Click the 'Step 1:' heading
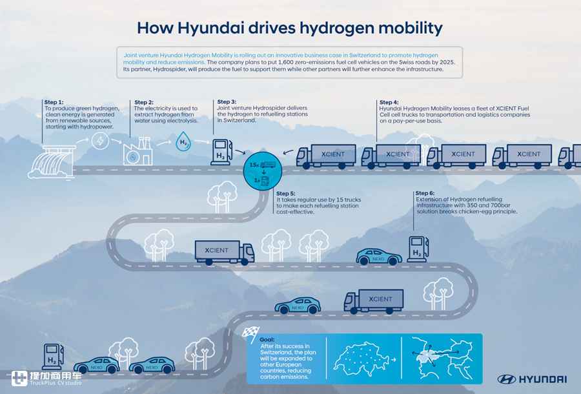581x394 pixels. pyautogui.click(x=54, y=102)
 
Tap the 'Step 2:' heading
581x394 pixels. pyautogui.click(x=144, y=102)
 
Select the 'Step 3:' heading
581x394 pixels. pyautogui.click(x=227, y=101)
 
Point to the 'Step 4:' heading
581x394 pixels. pyautogui.click(x=389, y=102)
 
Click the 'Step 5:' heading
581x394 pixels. pyautogui.click(x=285, y=193)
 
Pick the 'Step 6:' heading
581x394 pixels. pyautogui.click(x=425, y=193)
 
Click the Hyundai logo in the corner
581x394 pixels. pyautogui.click(x=532, y=379)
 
